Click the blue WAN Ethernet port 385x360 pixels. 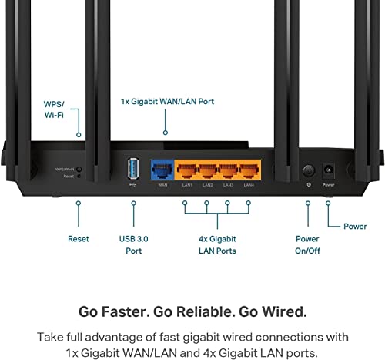pyautogui.click(x=162, y=169)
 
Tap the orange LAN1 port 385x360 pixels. pyautogui.click(x=186, y=169)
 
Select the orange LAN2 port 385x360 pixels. pyautogui.click(x=207, y=169)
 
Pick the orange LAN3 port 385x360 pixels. pyautogui.click(x=229, y=169)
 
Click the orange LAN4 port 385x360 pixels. pyautogui.click(x=249, y=169)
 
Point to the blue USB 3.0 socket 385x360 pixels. pyautogui.click(x=132, y=168)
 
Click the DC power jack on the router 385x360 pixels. pyautogui.click(x=330, y=169)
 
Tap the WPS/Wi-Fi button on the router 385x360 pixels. pyautogui.click(x=79, y=167)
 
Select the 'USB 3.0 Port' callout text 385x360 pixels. pyautogui.click(x=132, y=244)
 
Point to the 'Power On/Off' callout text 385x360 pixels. pyautogui.click(x=308, y=244)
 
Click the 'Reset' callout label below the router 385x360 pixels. pyautogui.click(x=79, y=239)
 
